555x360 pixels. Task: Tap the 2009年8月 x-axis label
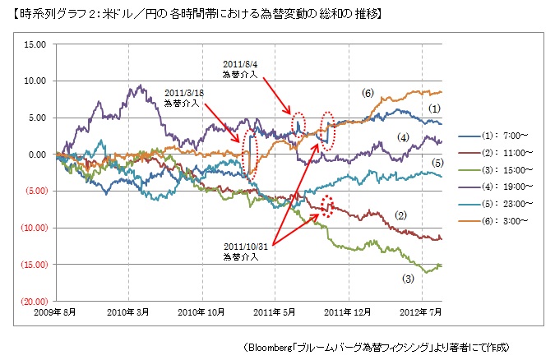tap(55, 312)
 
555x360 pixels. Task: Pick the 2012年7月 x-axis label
tap(421, 312)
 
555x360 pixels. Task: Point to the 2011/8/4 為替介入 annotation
tap(240, 69)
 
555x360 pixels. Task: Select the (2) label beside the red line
tap(402, 215)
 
